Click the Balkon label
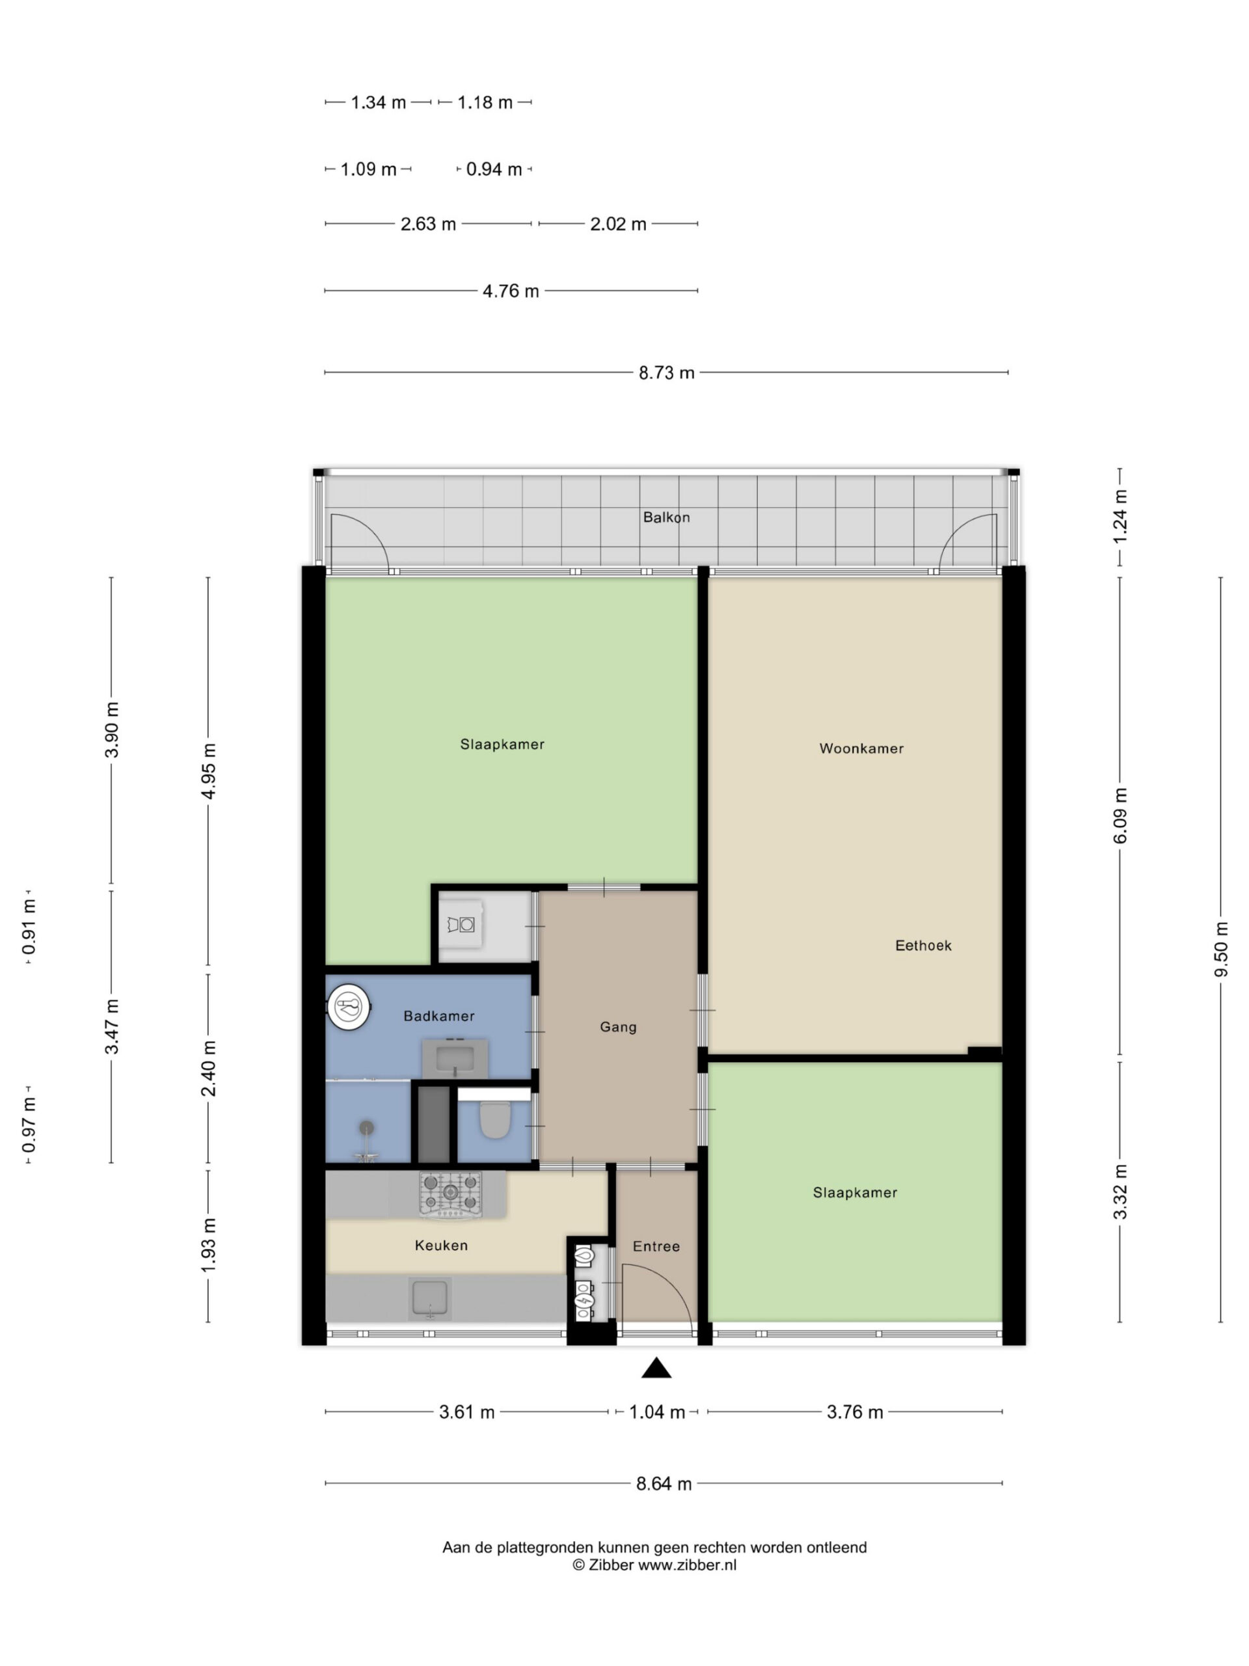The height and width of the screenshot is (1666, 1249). coord(665,517)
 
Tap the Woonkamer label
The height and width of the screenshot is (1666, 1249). coord(861,748)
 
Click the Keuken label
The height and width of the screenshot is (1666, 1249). coord(441,1246)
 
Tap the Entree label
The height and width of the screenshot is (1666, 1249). coord(656,1246)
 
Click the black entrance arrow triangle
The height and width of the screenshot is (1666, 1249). coord(656,1369)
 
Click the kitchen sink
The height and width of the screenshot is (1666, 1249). coord(430,1298)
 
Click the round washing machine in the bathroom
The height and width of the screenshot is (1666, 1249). coord(349,1006)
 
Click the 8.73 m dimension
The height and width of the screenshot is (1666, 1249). coord(666,373)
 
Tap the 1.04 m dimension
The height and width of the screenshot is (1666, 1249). coord(656,1412)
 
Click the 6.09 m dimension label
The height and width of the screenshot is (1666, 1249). coord(1120,815)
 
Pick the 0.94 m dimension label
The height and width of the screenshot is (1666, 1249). coord(494,169)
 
